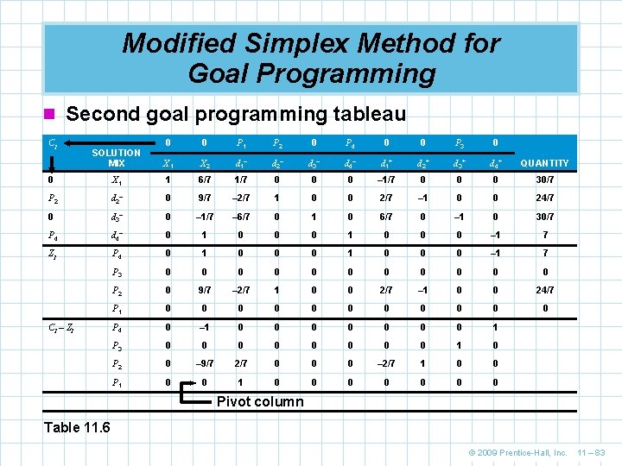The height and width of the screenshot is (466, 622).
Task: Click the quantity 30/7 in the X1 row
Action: coord(543,179)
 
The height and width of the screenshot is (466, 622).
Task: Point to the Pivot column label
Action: coord(260,401)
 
